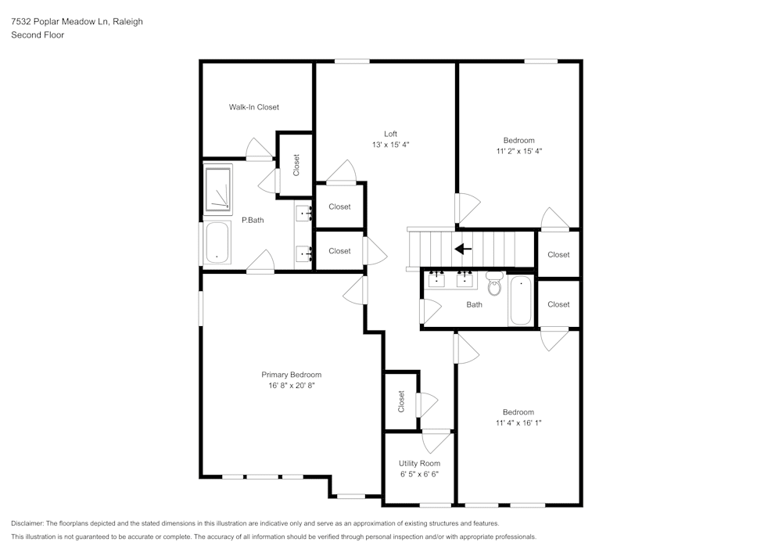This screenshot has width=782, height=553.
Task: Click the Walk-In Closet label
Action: tap(253, 107)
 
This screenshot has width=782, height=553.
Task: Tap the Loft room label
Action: tap(390, 134)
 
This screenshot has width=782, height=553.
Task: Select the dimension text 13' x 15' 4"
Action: tap(390, 145)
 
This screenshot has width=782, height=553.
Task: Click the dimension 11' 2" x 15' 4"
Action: tap(518, 151)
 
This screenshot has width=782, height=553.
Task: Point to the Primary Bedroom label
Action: tap(291, 375)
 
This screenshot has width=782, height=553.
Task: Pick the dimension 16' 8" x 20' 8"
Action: tap(291, 386)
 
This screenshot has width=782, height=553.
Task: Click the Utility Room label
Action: tap(419, 464)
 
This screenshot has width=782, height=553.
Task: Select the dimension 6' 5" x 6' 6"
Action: tap(419, 474)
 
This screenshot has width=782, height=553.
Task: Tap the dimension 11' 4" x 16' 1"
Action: tap(518, 423)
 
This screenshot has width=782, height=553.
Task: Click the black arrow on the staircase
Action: tap(463, 250)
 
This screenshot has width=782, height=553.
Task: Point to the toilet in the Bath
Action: tap(494, 284)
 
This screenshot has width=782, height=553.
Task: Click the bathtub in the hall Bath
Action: tap(520, 300)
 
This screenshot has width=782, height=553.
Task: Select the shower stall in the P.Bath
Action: tap(218, 189)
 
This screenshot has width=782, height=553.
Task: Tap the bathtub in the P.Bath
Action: tap(217, 242)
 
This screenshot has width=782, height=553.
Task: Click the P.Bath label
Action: tap(253, 221)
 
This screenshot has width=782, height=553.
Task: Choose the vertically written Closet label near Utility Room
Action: tap(401, 402)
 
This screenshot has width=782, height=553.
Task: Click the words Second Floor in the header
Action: tap(38, 35)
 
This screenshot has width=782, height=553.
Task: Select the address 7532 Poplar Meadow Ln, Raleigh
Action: tap(77, 22)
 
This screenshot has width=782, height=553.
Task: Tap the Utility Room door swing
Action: tap(435, 441)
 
